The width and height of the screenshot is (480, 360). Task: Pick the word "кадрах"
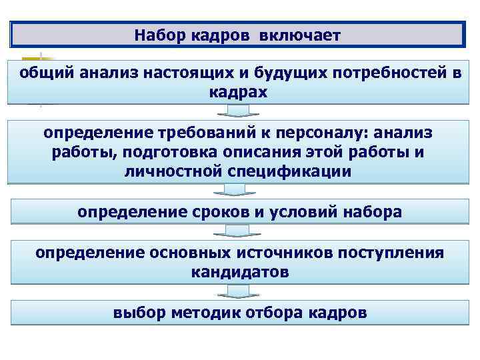click(239, 92)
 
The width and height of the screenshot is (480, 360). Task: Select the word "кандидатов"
click(239, 272)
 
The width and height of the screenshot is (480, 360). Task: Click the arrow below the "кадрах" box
click(239, 111)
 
